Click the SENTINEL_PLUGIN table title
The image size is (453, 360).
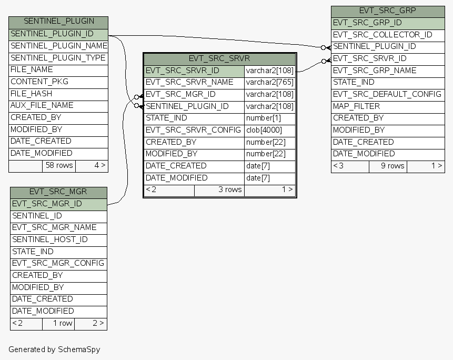point(58,22)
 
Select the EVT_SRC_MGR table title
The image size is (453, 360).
point(58,192)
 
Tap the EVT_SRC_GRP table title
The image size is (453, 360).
point(387,11)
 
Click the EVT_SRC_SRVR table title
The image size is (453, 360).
point(219,58)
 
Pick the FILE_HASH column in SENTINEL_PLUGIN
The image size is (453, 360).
point(32,93)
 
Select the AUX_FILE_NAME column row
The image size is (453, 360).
point(42,105)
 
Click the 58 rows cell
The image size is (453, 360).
point(59,165)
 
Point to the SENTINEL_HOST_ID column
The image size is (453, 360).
point(50,239)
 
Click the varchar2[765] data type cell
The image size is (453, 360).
point(270,82)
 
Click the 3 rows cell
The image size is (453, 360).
point(230,189)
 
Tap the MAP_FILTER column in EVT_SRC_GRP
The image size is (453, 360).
point(357,106)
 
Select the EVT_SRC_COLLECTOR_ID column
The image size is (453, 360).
point(382,35)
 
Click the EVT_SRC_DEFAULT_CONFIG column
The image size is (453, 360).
point(387,94)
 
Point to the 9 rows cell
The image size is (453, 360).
point(392,166)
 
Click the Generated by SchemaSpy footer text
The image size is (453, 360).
point(54,349)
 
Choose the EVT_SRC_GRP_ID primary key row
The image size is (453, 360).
point(367,23)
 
